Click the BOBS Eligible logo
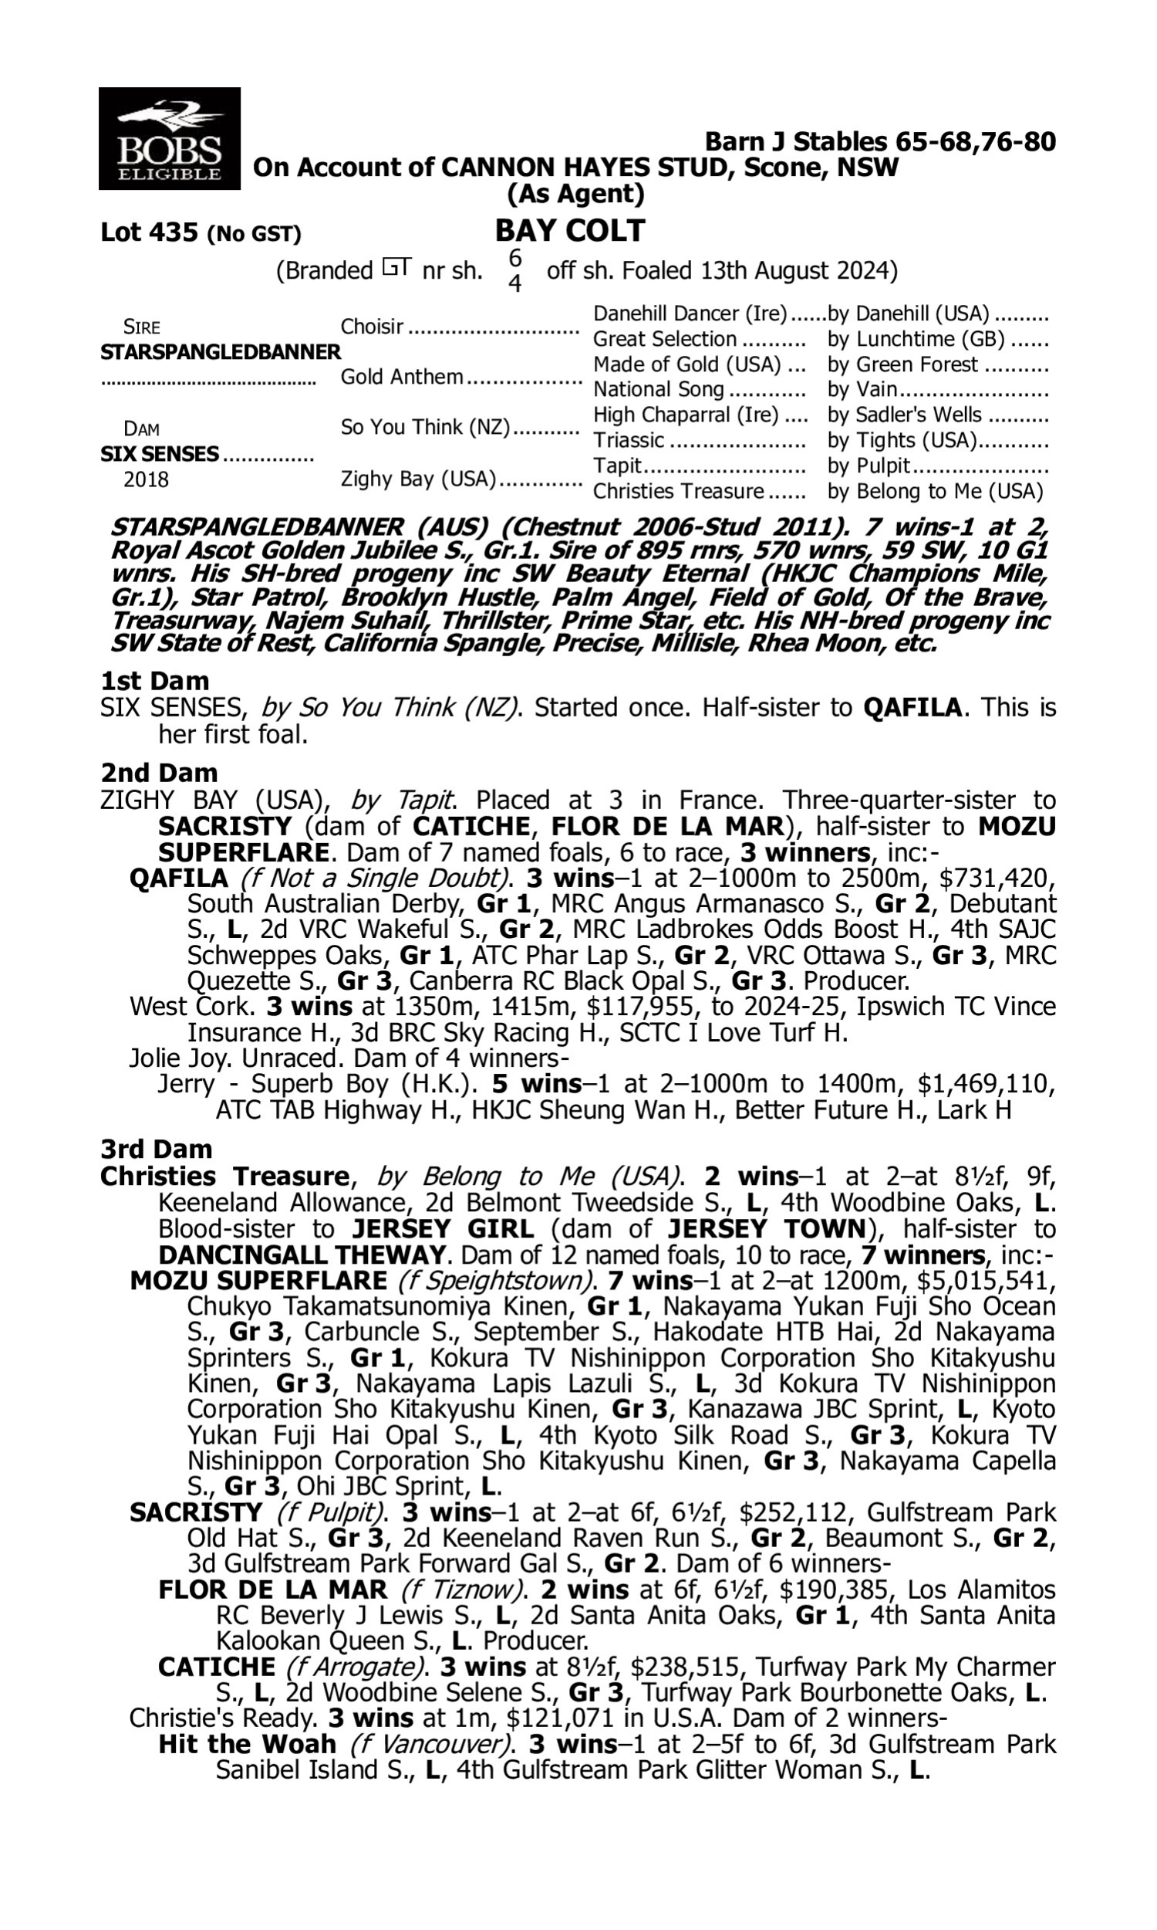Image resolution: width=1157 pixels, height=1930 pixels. click(x=169, y=138)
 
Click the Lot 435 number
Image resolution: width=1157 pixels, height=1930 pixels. click(x=150, y=232)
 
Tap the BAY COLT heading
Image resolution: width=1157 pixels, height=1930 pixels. click(x=570, y=230)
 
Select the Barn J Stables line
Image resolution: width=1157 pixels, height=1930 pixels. click(x=879, y=142)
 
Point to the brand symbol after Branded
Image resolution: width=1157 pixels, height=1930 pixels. click(x=396, y=269)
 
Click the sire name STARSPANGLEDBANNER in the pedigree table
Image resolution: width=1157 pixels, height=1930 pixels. click(x=221, y=352)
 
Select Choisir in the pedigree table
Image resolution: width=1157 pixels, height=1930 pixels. click(x=372, y=326)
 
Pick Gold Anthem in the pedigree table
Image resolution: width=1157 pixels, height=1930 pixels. click(x=402, y=377)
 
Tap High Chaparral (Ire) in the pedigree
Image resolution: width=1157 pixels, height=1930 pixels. click(x=686, y=415)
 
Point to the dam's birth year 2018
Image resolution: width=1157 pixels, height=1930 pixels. click(x=146, y=479)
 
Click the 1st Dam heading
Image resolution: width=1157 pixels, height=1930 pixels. click(x=154, y=681)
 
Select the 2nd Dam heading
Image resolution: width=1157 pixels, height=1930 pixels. click(x=159, y=773)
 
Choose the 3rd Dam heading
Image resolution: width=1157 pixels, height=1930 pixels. click(x=156, y=1149)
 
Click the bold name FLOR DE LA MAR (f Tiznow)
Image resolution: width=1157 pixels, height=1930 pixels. click(x=272, y=1590)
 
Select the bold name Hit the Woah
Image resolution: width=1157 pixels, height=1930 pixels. click(x=247, y=1744)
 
